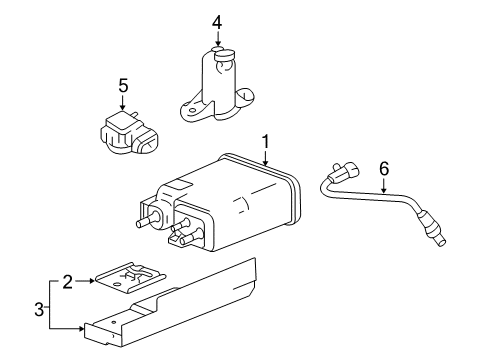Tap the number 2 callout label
[x=68, y=283]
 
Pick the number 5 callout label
[x=122, y=87]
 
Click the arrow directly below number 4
[x=218, y=40]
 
